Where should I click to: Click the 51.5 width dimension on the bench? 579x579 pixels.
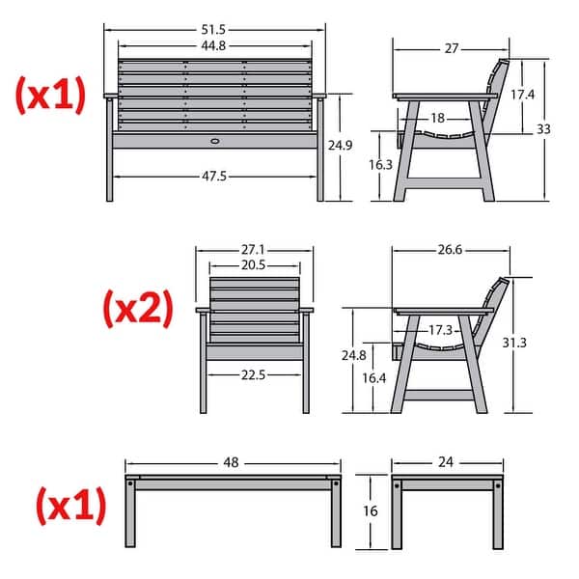(x=213, y=30)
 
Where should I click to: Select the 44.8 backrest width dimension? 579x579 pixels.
(x=213, y=45)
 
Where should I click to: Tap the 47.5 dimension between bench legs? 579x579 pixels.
(x=214, y=177)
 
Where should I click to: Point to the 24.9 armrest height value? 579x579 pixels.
(x=340, y=145)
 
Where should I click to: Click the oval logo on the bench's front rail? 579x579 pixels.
(x=214, y=141)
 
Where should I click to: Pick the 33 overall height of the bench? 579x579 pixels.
(x=543, y=129)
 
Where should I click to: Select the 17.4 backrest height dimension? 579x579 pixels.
(x=522, y=95)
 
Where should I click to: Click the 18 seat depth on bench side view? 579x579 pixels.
(x=437, y=118)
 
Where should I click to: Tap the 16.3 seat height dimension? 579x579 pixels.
(x=381, y=165)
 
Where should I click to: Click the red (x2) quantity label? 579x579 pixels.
(x=138, y=309)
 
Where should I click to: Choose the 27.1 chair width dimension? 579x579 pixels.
(x=253, y=250)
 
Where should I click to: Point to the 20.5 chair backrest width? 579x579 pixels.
(x=253, y=265)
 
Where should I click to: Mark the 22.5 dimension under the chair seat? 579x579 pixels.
(x=253, y=375)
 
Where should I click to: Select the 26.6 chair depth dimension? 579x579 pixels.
(x=450, y=250)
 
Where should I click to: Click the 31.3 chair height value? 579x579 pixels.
(x=514, y=343)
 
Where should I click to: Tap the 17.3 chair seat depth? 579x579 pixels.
(x=441, y=330)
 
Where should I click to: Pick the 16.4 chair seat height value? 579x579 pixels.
(x=374, y=378)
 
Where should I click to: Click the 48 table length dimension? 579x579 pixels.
(x=232, y=462)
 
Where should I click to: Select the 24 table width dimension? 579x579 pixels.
(x=446, y=462)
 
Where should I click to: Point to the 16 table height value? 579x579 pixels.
(x=371, y=511)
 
